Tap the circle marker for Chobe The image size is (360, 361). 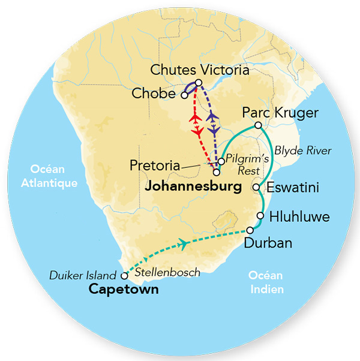pyautogui.click(x=185, y=95)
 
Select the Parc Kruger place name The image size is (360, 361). pyautogui.click(x=280, y=113)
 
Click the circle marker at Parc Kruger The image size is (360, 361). pyautogui.click(x=257, y=125)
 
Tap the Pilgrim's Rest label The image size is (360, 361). pyautogui.click(x=245, y=167)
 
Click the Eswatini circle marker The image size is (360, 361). pyautogui.click(x=256, y=187)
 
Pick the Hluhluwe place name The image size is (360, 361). pyautogui.click(x=299, y=216)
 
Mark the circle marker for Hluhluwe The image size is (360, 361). pyautogui.click(x=260, y=216)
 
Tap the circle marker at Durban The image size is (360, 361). pyautogui.click(x=250, y=231)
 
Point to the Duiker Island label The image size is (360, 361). pyautogui.click(x=83, y=276)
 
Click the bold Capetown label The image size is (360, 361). pyautogui.click(x=123, y=290)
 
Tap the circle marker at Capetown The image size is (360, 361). pyautogui.click(x=124, y=276)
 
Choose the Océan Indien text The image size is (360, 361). pyautogui.click(x=265, y=282)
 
